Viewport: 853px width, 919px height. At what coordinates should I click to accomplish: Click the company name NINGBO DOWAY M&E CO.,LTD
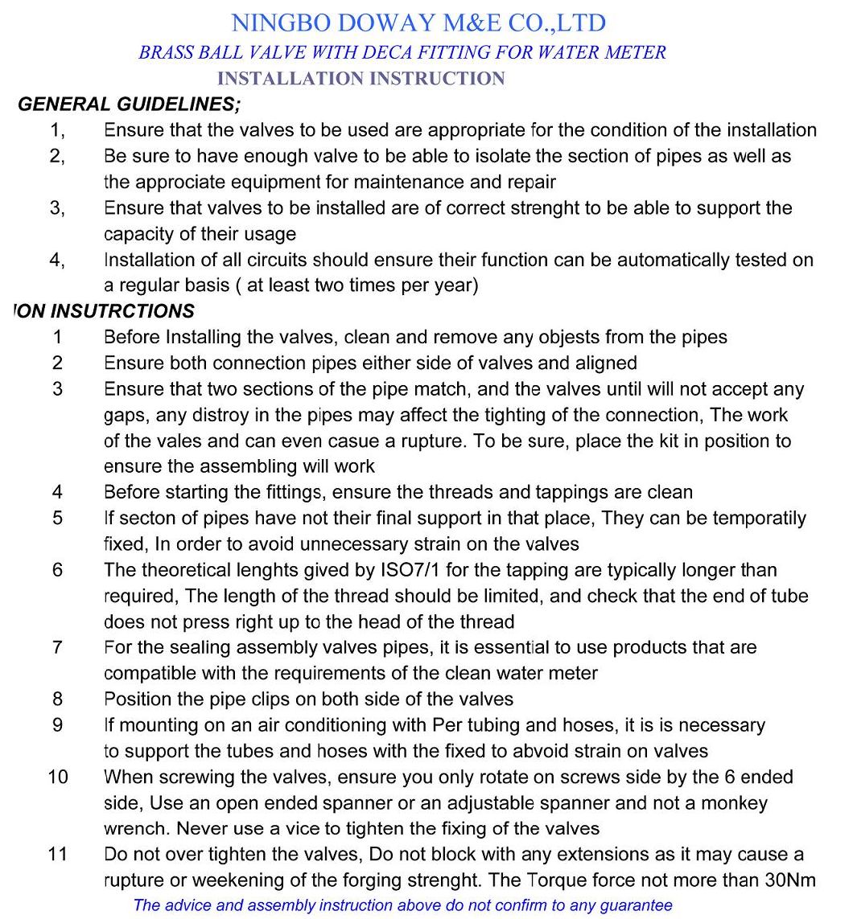[418, 23]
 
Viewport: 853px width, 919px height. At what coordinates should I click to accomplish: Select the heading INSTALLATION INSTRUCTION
[361, 79]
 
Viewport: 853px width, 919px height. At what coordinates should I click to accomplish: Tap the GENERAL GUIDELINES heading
[129, 105]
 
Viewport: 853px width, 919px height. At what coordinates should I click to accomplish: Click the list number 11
[57, 854]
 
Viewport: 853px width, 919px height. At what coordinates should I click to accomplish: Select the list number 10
[58, 777]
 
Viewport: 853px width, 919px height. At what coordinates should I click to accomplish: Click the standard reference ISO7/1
[411, 570]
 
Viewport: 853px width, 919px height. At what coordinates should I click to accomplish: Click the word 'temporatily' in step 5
[756, 518]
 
